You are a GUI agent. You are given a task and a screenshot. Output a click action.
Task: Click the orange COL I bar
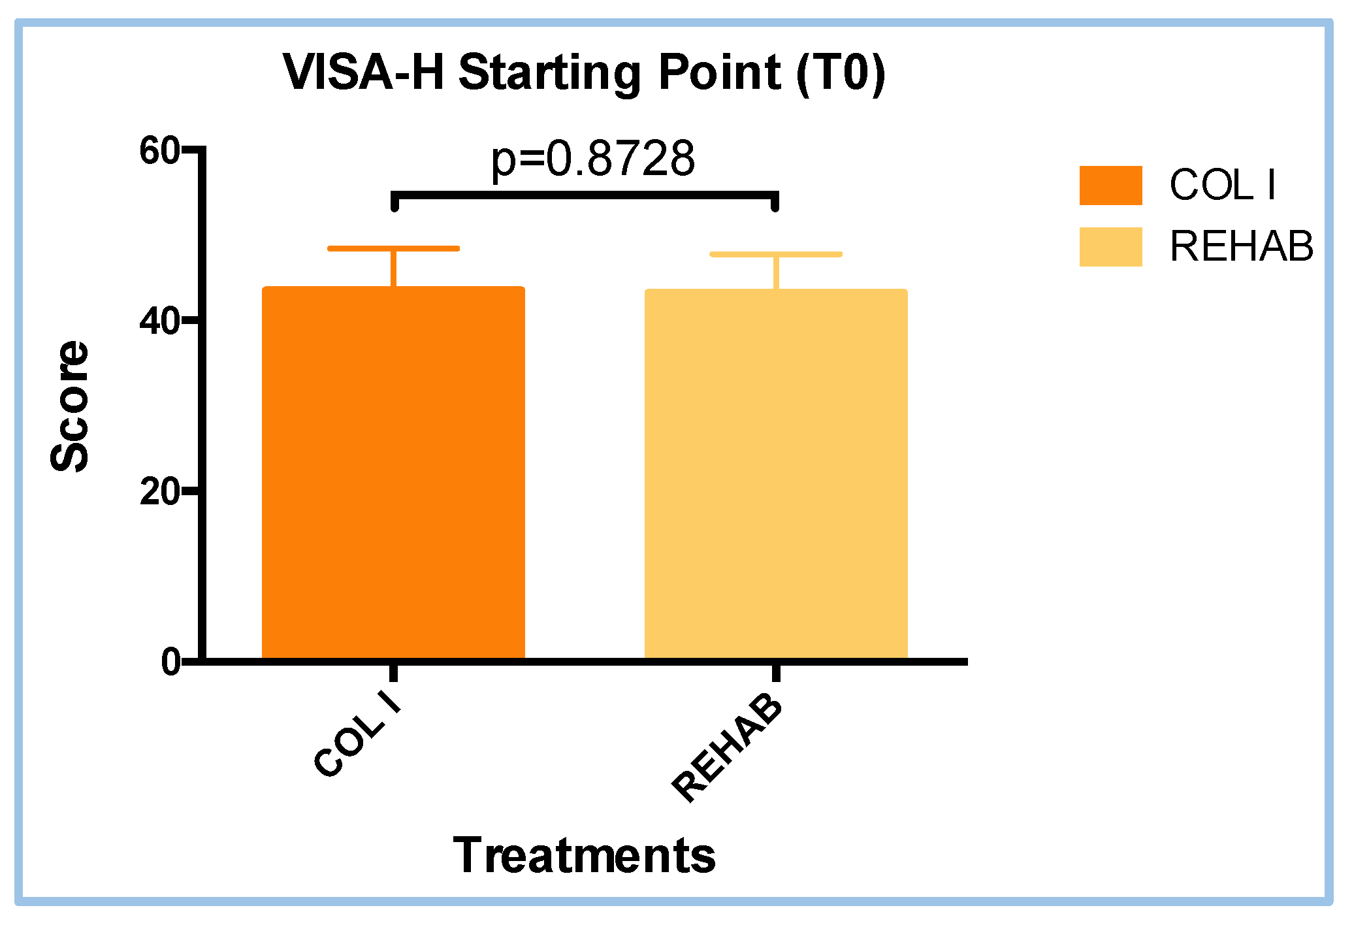(x=393, y=473)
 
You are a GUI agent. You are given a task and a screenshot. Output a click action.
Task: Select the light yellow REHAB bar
(x=776, y=474)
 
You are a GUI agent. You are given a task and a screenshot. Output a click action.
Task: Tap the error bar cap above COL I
(x=393, y=249)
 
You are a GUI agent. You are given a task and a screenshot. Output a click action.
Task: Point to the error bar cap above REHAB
(x=776, y=254)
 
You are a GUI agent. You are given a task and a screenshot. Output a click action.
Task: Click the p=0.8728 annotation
(x=592, y=159)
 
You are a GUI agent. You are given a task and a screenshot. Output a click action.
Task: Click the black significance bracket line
(x=585, y=195)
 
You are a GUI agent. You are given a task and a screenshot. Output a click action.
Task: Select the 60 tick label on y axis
(x=159, y=151)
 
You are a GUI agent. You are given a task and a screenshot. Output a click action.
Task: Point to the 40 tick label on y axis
(x=159, y=321)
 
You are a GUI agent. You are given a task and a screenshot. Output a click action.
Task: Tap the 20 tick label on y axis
(x=159, y=491)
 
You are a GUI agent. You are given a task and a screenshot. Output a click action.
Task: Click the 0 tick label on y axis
(x=170, y=662)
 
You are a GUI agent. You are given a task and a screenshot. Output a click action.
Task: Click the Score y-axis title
(x=70, y=406)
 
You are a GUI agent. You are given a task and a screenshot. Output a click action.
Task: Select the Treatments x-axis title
(x=584, y=855)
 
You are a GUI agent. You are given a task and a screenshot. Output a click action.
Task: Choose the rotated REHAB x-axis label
(x=727, y=747)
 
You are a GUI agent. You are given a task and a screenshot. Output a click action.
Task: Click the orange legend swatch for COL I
(x=1110, y=186)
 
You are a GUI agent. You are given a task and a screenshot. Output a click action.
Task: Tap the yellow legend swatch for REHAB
(x=1110, y=247)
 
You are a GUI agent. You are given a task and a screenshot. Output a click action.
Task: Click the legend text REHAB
(x=1240, y=247)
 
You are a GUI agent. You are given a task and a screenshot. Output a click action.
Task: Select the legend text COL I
(x=1222, y=186)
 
